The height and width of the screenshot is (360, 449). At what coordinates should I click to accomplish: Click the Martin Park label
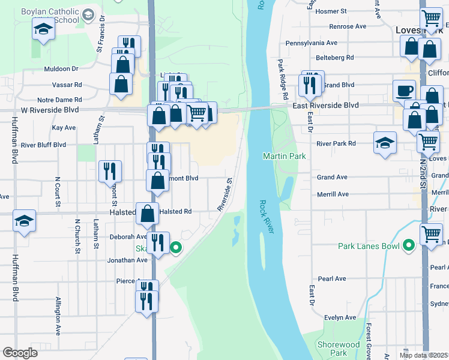pos(285,157)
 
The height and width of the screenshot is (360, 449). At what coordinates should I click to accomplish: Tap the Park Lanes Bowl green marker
pos(409,245)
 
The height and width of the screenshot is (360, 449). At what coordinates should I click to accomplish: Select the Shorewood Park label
pos(339,349)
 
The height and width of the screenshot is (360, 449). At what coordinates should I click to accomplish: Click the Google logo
pos(20,353)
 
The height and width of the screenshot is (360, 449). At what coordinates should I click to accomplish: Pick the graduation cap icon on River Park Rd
pos(385,143)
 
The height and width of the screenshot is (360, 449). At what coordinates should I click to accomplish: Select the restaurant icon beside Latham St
pos(110,170)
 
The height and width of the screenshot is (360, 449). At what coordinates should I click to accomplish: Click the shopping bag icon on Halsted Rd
pos(148,213)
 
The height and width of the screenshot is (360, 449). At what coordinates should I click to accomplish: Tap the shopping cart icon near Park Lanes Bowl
pos(432,233)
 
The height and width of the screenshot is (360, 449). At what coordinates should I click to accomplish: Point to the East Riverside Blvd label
pos(326,105)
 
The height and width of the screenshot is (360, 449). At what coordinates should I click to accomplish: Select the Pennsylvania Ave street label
pos(311,43)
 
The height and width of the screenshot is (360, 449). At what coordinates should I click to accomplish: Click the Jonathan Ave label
pos(128,260)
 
